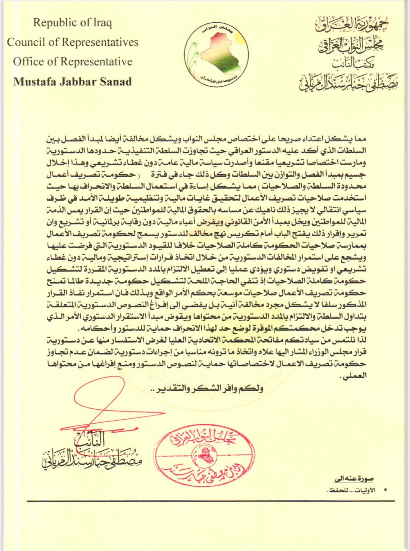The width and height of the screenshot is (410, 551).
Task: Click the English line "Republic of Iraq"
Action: (72, 23)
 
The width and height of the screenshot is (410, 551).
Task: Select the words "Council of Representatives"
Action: (72, 42)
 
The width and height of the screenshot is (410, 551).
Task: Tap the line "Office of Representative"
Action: (72, 61)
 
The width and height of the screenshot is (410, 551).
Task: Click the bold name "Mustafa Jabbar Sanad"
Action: (72, 81)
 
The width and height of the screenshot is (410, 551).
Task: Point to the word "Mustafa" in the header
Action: (32, 81)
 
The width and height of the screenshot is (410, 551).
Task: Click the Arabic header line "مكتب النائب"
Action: (351, 63)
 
